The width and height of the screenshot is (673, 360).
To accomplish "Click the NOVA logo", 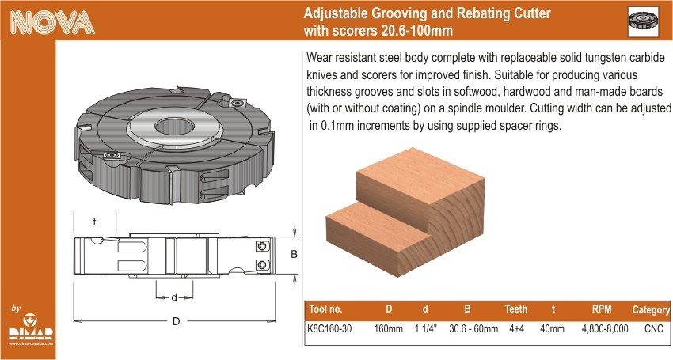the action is pyautogui.click(x=52, y=22).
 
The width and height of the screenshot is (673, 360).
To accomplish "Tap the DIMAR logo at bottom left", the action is pyautogui.click(x=31, y=329).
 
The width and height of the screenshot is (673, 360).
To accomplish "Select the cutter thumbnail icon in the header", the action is pyautogui.click(x=643, y=21).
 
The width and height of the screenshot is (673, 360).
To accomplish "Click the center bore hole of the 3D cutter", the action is pyautogui.click(x=174, y=126).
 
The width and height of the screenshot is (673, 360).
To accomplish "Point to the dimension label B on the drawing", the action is pyautogui.click(x=294, y=255).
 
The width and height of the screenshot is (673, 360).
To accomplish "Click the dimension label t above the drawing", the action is pyautogui.click(x=94, y=222).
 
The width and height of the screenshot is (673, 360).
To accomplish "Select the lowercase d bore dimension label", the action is pyautogui.click(x=174, y=297).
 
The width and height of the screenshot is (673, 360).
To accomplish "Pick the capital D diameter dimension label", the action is pyautogui.click(x=176, y=321).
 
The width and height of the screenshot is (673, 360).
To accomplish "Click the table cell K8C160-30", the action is pyautogui.click(x=329, y=328).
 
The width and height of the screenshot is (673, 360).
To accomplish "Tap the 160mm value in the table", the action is pyautogui.click(x=389, y=328).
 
